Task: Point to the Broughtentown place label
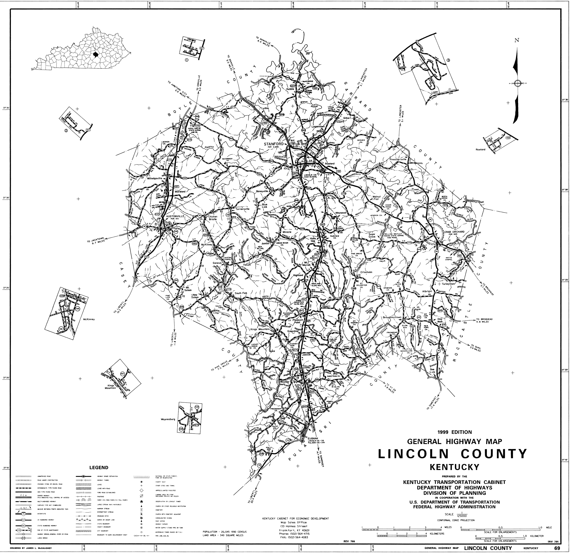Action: pyautogui.click(x=392, y=317)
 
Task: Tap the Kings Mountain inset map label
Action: pyautogui.click(x=110, y=386)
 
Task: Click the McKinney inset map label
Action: pyautogui.click(x=89, y=319)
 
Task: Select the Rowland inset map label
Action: pyautogui.click(x=481, y=149)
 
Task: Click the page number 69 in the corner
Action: pyautogui.click(x=557, y=548)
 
